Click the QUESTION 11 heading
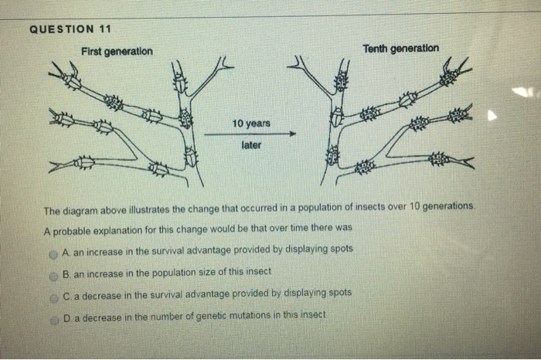pyautogui.click(x=70, y=29)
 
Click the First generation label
pyautogui.click(x=117, y=52)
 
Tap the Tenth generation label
pyautogui.click(x=400, y=48)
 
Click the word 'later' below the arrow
pyautogui.click(x=251, y=144)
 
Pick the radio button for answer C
pyautogui.click(x=54, y=294)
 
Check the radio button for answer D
pyautogui.click(x=54, y=316)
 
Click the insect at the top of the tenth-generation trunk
pyautogui.click(x=339, y=80)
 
